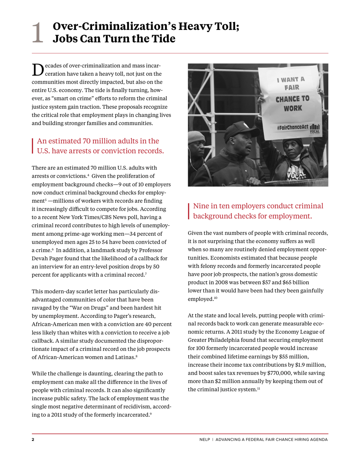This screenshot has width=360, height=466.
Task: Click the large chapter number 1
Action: pyautogui.click(x=38, y=33)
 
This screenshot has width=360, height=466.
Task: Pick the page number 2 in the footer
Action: pyautogui.click(x=33, y=439)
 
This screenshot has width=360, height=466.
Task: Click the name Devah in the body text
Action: pyautogui.click(x=40, y=258)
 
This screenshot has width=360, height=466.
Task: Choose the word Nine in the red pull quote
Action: pyautogui.click(x=201, y=206)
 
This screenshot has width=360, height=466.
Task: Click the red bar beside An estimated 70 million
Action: pyautogui.click(x=33, y=146)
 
